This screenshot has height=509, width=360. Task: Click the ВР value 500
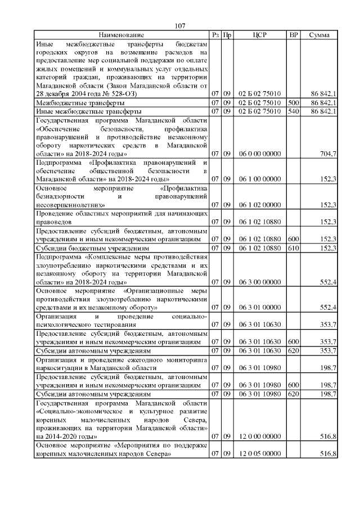coord(293,103)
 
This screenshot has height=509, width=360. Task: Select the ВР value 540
coord(293,111)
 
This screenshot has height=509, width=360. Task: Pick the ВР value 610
coord(293,248)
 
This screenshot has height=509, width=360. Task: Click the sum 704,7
coord(327,154)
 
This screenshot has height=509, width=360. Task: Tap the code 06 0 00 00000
coord(259,154)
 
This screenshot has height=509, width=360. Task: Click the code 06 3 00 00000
coord(259,281)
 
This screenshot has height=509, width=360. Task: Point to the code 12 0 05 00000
coord(259,454)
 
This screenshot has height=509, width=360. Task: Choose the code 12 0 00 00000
coord(259,436)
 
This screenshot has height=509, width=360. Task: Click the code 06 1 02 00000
coord(259,205)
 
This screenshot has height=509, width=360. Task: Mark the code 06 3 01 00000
coord(259,307)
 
